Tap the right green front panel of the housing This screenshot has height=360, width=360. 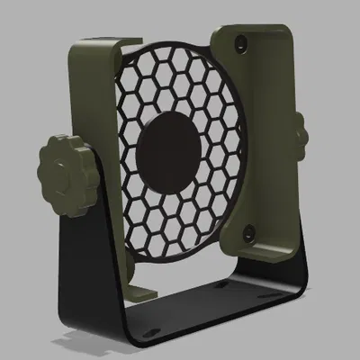(261, 135)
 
